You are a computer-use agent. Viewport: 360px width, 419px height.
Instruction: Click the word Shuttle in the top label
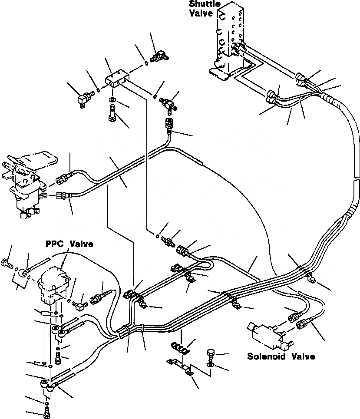tap(201, 4)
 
